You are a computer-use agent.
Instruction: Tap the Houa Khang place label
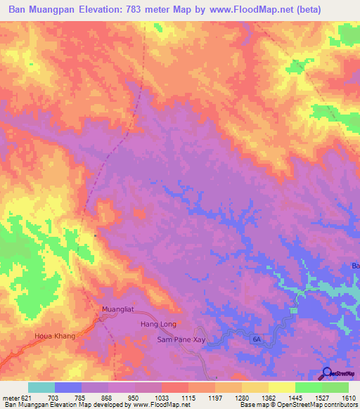tap(54, 337)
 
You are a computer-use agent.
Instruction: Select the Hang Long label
tap(158, 325)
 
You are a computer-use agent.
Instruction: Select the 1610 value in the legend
tap(349, 397)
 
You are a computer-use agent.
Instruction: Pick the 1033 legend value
tap(162, 397)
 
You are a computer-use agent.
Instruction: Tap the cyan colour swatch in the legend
tap(41, 387)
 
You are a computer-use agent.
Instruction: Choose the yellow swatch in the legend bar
tap(282, 387)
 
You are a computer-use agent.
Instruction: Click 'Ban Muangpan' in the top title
tap(40, 10)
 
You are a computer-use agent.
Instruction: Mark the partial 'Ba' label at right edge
tap(355, 266)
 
